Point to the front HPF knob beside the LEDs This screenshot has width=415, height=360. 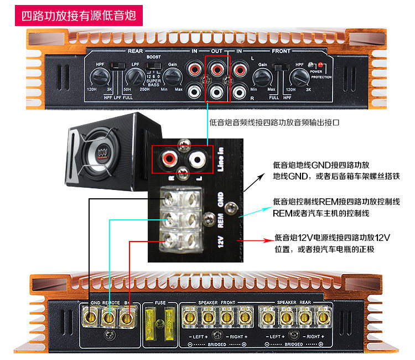(x=299, y=76)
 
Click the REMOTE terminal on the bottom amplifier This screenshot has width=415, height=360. (x=109, y=318)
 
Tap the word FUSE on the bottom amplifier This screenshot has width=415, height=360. (x=159, y=304)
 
